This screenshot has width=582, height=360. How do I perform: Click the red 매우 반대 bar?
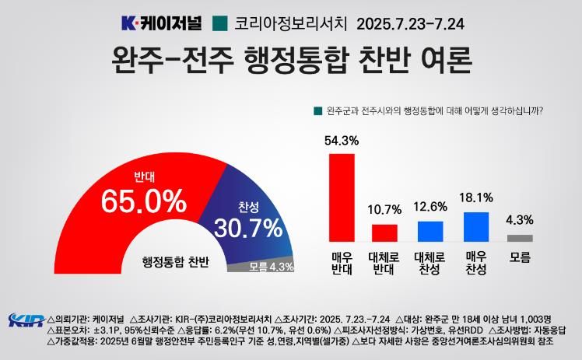point(342,197)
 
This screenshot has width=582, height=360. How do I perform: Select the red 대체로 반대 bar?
point(384,233)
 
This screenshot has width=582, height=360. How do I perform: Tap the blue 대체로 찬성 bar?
point(429,232)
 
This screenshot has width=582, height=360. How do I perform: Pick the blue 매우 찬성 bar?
point(475,227)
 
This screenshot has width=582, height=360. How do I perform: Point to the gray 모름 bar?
point(521,238)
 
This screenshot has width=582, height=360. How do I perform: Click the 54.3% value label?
point(342,141)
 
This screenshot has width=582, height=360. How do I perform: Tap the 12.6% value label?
point(429,208)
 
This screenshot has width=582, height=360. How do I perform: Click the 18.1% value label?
point(475,199)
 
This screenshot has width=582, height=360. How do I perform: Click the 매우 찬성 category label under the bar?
point(475,262)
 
